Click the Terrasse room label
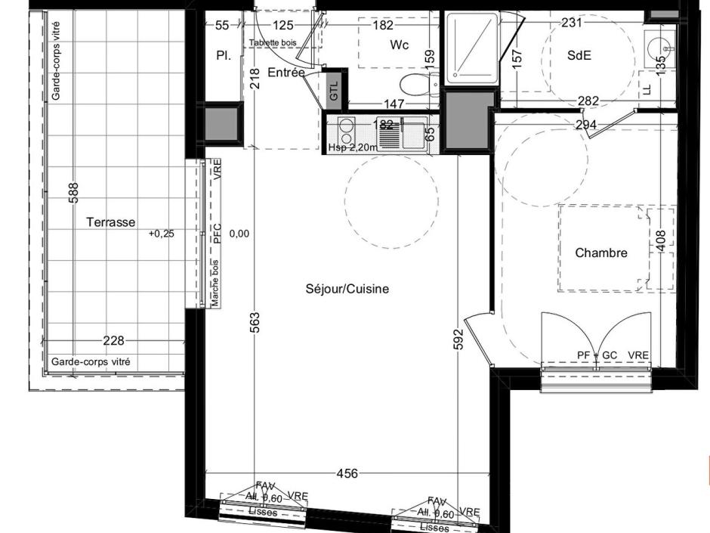[x=110, y=222]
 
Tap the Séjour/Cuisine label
[x=347, y=289]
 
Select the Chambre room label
[x=601, y=253]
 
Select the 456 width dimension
[x=347, y=474]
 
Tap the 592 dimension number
[x=458, y=339]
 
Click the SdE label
[x=579, y=54]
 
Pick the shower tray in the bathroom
[x=471, y=47]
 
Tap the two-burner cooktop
[x=346, y=132]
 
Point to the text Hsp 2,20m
[x=351, y=147]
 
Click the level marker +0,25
[x=161, y=234]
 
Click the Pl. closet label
[x=223, y=56]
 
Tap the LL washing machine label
[x=647, y=89]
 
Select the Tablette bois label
[x=273, y=43]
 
